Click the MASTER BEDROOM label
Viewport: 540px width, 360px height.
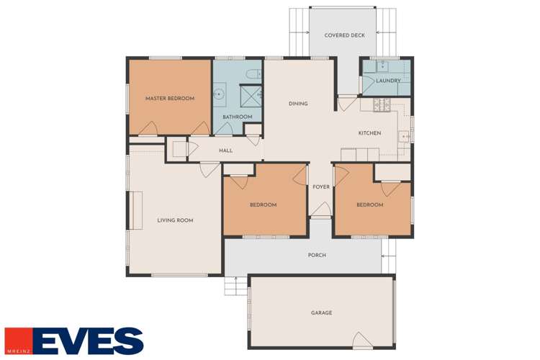[170, 98]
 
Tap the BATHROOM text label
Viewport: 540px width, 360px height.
[237, 117]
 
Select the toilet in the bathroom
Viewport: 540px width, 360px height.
[253, 73]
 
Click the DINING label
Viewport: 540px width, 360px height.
[298, 104]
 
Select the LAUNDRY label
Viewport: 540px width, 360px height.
[388, 81]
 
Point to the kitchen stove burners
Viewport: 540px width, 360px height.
[382, 106]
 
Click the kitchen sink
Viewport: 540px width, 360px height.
[404, 135]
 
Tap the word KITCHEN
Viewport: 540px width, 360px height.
[369, 133]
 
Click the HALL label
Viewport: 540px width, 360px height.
[225, 150]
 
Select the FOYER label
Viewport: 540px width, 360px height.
[321, 187]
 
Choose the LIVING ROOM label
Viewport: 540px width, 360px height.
[175, 220]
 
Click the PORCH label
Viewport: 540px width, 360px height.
[317, 255]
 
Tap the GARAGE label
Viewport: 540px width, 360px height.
[321, 313]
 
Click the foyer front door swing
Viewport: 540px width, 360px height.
[322, 210]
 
